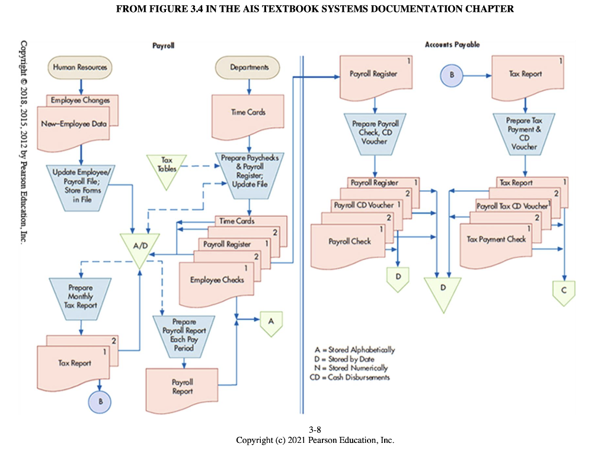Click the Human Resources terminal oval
(x=80, y=67)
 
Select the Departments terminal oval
(x=249, y=67)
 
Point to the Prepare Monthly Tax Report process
(x=80, y=296)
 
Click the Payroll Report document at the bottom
(x=183, y=387)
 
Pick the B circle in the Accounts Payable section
(x=452, y=75)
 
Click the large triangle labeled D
(x=442, y=291)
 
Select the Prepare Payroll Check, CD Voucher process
(x=375, y=132)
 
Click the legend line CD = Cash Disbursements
(x=350, y=377)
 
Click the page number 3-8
(x=315, y=430)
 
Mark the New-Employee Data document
(x=74, y=125)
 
